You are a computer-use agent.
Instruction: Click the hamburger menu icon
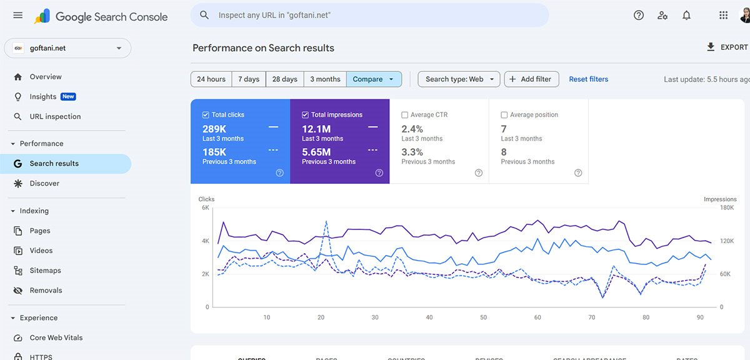coord(17,16)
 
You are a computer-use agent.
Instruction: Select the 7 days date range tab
coord(248,79)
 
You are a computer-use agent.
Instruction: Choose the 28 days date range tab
coord(284,79)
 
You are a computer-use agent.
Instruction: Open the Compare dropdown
coord(374,79)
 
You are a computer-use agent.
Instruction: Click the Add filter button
coord(531,79)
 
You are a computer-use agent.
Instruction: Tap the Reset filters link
coord(588,79)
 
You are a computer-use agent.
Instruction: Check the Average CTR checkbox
coord(405,115)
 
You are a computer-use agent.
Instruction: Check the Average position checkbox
coord(504,115)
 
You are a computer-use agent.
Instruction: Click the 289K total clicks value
coord(214,129)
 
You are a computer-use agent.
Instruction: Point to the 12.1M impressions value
coord(316,129)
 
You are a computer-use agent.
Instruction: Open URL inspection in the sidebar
coord(55,117)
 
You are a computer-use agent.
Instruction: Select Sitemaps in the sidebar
coord(45,271)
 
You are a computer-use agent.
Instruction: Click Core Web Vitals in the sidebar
coord(56,338)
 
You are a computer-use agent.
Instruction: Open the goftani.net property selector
coord(67,48)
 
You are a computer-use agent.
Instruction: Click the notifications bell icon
coord(686,16)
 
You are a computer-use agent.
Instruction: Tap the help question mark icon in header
coord(638,16)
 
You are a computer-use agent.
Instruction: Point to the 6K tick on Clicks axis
coord(205,208)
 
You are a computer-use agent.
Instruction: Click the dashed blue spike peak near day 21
coord(326,221)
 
